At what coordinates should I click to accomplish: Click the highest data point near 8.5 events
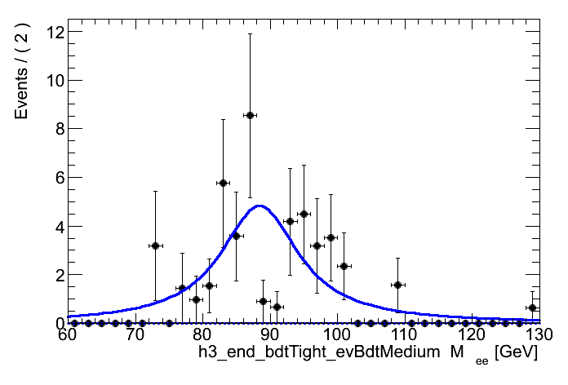pos(250,115)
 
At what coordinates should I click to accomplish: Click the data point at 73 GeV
pos(155,246)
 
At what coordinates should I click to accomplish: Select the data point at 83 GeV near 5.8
pos(223,183)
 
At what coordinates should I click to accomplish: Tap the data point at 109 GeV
pos(397,285)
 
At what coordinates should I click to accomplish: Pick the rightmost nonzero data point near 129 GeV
pos(532,308)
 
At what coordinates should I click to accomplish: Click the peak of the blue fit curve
pos(260,206)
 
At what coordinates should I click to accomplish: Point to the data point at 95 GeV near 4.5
pos(304,214)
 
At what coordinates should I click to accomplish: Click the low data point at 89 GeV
pos(263,301)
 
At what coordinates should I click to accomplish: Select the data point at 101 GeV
pos(344,266)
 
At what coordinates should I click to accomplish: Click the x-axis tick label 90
pos(269,336)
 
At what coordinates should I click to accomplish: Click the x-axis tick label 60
pos(68,336)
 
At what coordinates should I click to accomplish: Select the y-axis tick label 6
pos(53,178)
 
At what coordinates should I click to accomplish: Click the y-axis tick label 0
pos(53,323)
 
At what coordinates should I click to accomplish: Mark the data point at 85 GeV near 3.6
pos(236,236)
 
